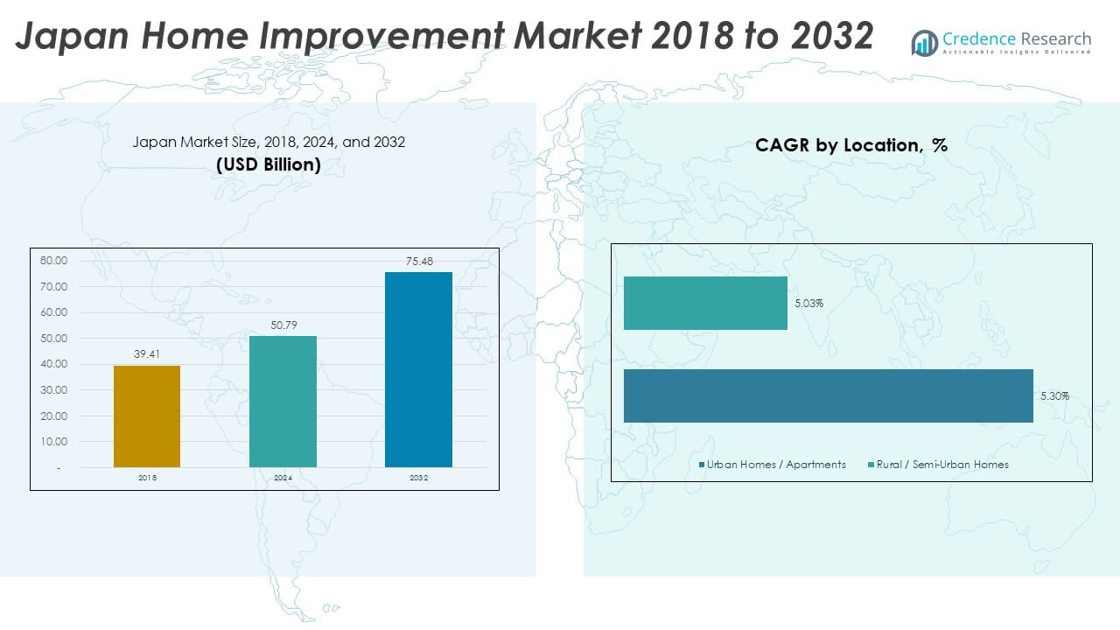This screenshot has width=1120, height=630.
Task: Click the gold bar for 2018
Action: pos(147,416)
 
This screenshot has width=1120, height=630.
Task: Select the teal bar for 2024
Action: pos(283,402)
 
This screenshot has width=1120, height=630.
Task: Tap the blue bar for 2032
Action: pos(418,369)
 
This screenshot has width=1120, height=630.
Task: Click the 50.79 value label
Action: pos(283,325)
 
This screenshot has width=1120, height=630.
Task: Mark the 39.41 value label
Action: pos(147,355)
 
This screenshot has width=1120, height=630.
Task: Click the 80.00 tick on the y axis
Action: pos(54,261)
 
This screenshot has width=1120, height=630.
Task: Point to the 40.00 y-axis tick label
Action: pos(54,364)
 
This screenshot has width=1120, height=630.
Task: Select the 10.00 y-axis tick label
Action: pos(54,442)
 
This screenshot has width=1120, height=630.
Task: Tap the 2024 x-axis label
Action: pos(283,478)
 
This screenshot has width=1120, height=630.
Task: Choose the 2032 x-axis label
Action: pos(418,478)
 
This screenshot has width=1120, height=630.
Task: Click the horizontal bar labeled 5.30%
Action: pos(828,395)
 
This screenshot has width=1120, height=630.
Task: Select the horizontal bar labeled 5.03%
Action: pos(705,303)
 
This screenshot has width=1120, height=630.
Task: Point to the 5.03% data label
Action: pos(808,304)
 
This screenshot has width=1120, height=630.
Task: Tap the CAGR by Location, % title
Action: pos(851,145)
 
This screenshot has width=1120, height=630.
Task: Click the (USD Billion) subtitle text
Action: pos(269,164)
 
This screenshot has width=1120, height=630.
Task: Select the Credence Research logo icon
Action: pos(924,42)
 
